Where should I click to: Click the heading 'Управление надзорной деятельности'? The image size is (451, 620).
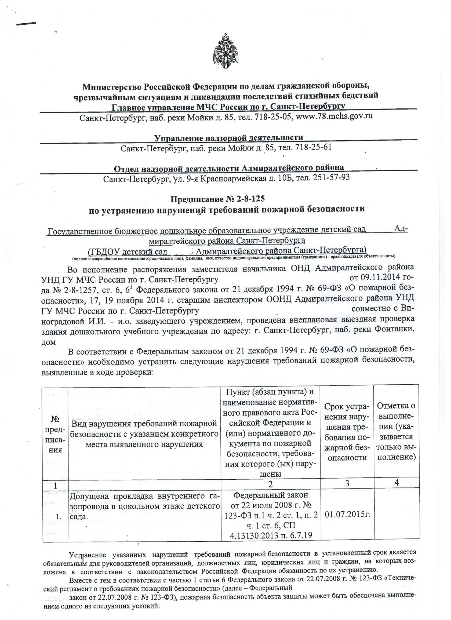click(229, 138)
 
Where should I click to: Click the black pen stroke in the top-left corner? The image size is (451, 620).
click(26, 24)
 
